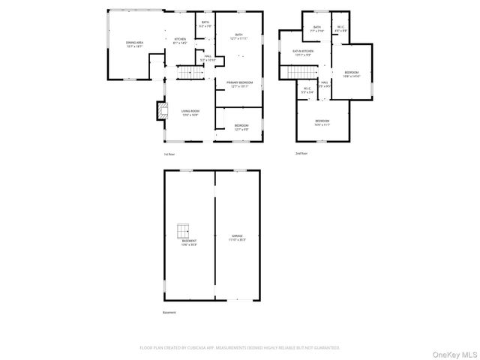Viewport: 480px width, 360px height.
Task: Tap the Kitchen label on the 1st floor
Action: (x=180, y=40)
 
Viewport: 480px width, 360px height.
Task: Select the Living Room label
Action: (x=189, y=112)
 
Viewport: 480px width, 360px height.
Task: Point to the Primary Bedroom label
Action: (x=241, y=84)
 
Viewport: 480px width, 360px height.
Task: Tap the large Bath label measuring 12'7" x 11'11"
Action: (x=238, y=36)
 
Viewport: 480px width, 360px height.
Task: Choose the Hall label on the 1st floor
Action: (x=208, y=58)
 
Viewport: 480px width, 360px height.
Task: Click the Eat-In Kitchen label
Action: (x=303, y=52)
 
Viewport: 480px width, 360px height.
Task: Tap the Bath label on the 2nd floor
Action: (x=317, y=28)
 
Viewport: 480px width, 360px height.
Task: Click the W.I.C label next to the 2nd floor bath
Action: (x=340, y=28)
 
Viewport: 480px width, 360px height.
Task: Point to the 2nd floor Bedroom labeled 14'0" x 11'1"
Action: (x=322, y=122)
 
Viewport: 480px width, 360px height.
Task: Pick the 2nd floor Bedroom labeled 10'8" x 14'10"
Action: (x=352, y=74)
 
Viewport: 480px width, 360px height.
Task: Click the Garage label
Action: (x=237, y=237)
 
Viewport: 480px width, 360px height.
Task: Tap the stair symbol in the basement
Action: (x=184, y=230)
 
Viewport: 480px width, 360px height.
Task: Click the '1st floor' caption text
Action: (x=169, y=154)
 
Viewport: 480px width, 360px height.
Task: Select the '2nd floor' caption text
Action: (x=301, y=154)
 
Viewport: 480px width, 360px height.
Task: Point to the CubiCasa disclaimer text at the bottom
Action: (x=240, y=348)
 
